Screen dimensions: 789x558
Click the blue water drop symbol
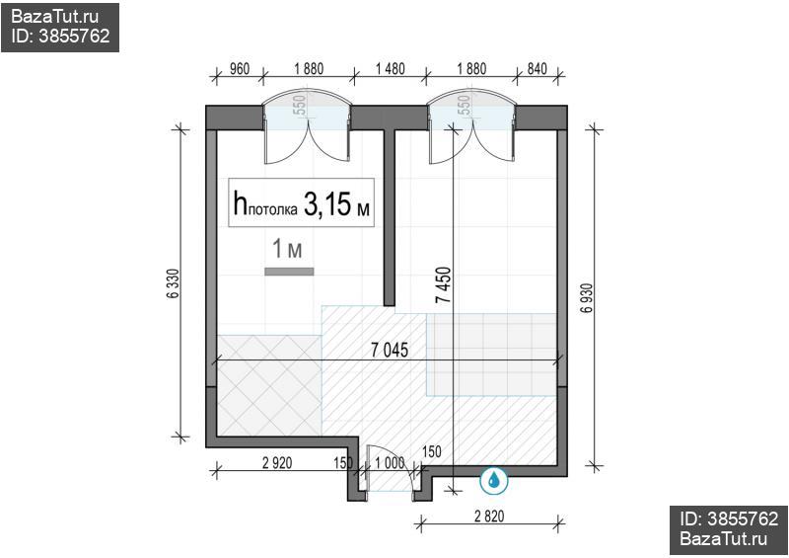coord(494,480)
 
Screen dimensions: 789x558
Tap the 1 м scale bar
coord(289,272)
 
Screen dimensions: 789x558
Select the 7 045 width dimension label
coord(390,350)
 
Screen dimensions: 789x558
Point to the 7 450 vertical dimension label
coord(445,284)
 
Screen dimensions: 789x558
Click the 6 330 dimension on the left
coord(172,283)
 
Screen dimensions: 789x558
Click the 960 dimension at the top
coord(240,68)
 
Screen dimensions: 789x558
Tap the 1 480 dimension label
coord(390,68)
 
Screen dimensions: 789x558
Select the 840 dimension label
coord(537,68)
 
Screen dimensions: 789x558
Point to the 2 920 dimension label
coord(277,462)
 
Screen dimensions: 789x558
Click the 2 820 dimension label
coord(489,516)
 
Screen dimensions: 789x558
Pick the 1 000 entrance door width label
coord(390,462)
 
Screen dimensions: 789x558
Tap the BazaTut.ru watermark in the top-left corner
coord(55,17)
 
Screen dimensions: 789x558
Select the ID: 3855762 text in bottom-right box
coord(729,518)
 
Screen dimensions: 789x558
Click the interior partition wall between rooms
coord(390,217)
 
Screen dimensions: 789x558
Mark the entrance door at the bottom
coord(391,469)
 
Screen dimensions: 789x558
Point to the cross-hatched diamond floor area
coord(269,385)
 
